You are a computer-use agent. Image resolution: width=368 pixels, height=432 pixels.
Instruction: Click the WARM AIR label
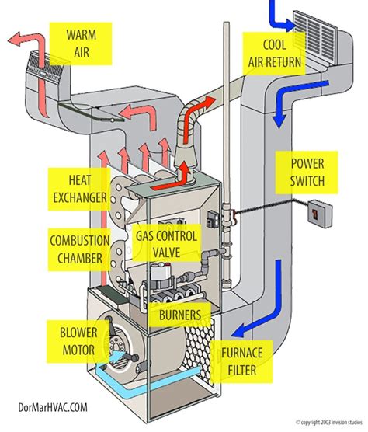81,43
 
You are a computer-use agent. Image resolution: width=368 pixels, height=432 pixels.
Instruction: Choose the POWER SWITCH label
308,172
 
